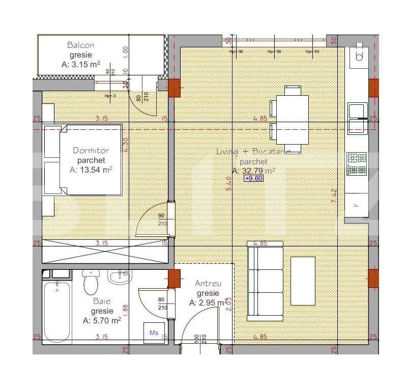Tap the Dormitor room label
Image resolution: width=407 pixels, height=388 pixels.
(91, 150)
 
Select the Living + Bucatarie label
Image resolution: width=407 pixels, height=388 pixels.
(253, 151)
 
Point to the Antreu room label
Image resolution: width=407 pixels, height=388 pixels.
(208, 284)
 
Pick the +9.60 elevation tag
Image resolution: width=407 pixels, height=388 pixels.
(253, 179)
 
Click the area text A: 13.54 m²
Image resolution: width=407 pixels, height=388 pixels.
(91, 170)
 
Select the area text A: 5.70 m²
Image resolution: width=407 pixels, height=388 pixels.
(102, 320)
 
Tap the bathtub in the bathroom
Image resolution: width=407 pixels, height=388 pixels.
(56, 311)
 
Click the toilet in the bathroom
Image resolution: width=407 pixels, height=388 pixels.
(91, 282)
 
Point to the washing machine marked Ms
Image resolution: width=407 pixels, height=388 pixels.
(154, 332)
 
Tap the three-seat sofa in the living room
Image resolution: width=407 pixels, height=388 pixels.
(265, 281)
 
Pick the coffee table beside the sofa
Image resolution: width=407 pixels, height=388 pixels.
(303, 281)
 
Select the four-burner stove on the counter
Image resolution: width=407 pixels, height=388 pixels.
(357, 164)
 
